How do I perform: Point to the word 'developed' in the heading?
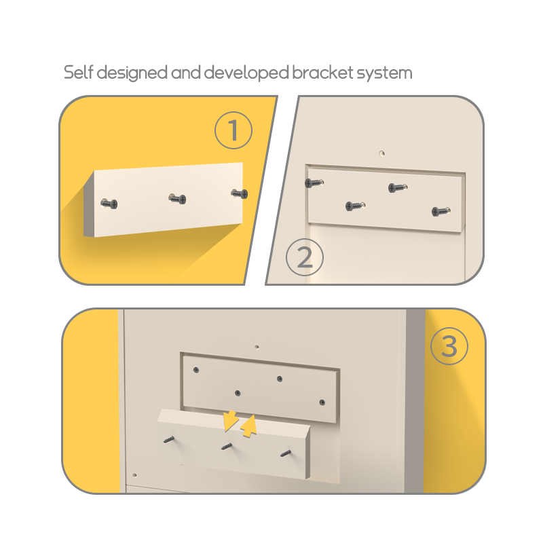pos(246,73)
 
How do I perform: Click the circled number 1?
pos(233,130)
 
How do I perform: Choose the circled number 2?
pos(305,257)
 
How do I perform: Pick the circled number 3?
pos(449,346)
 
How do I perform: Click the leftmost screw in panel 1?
pos(109,203)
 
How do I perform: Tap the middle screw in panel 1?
pos(177,198)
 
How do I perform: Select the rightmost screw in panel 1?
pos(240,193)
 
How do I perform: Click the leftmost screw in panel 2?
pos(314,183)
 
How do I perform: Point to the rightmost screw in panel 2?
pos(441,211)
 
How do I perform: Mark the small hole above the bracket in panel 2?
pos(382,153)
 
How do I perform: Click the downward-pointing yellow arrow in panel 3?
pos(229,420)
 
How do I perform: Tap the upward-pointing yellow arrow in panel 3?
pos(248,426)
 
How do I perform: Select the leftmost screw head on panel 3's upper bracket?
pos(196,370)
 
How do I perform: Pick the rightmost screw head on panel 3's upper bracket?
pos(322,402)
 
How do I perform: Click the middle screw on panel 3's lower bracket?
pos(227,447)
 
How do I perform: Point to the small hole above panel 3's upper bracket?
pos(257,347)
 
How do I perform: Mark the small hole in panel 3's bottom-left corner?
pos(134,475)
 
